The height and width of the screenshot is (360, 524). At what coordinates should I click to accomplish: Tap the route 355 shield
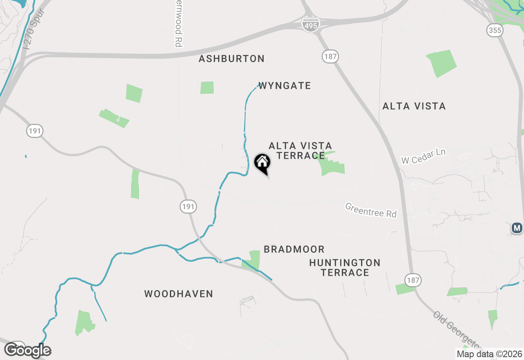click(x=495, y=30)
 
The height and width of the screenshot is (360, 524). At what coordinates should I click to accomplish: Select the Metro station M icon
click(x=517, y=227)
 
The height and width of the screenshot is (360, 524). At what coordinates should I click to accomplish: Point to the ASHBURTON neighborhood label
click(x=232, y=59)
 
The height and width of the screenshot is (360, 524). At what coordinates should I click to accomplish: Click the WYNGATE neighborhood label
click(x=285, y=86)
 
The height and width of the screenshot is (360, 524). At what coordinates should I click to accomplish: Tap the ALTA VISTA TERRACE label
click(x=300, y=151)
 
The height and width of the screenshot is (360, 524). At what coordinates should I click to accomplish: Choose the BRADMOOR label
click(x=294, y=249)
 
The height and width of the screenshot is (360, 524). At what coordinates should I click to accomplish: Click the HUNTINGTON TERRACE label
click(x=345, y=268)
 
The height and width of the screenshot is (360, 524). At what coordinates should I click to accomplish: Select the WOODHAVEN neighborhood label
click(x=178, y=294)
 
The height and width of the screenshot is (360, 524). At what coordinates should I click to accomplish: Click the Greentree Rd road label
click(x=371, y=210)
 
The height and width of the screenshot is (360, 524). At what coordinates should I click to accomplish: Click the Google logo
click(x=28, y=350)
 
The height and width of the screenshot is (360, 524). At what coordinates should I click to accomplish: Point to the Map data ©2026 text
click(x=489, y=354)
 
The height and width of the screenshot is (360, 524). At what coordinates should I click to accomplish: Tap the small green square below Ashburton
click(x=207, y=88)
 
